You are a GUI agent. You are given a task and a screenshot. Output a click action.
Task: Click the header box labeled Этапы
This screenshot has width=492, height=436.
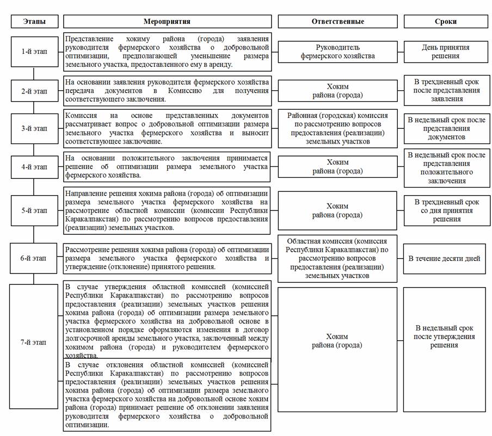point(34,22)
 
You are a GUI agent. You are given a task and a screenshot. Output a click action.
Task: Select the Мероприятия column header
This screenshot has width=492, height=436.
point(167,22)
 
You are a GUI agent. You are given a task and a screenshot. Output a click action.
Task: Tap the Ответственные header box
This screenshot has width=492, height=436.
point(337,22)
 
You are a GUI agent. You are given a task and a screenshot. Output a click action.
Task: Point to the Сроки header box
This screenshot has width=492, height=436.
point(445,22)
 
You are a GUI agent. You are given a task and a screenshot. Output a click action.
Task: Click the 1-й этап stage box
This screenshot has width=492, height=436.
point(34,52)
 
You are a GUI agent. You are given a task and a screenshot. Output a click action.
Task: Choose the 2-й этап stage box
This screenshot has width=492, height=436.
point(34,91)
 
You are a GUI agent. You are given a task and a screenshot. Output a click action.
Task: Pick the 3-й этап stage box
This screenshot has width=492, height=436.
point(34,129)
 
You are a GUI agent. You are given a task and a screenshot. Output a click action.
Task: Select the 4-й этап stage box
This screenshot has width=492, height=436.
point(34,167)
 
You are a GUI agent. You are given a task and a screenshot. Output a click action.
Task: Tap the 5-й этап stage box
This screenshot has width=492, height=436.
point(34,210)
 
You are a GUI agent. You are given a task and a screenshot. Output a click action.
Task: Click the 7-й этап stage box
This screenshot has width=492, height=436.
point(34,342)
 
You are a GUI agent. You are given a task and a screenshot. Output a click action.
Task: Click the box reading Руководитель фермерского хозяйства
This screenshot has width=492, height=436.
point(337,52)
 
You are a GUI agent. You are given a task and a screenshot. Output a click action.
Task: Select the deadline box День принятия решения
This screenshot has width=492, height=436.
point(445,52)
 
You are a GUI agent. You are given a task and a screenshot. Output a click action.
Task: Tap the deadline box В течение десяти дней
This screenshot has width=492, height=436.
point(445,258)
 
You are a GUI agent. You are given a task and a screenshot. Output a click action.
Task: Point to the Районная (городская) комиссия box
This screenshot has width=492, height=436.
point(337,129)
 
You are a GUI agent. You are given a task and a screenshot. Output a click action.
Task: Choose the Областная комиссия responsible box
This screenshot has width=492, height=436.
point(337,258)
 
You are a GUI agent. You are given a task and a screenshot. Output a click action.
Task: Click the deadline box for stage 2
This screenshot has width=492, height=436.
point(445,91)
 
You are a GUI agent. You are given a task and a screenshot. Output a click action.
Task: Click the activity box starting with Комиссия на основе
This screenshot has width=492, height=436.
point(167,129)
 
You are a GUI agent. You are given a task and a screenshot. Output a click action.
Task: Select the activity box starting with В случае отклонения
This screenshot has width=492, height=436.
point(167,395)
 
